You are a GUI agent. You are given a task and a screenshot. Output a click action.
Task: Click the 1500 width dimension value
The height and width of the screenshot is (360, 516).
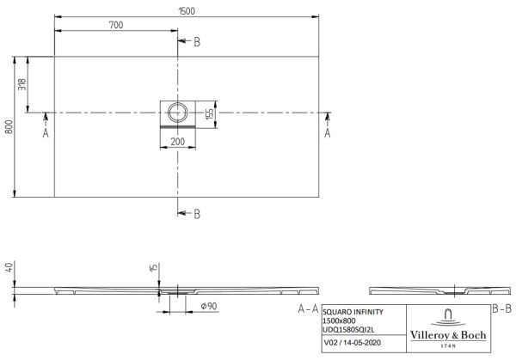click(x=187, y=11)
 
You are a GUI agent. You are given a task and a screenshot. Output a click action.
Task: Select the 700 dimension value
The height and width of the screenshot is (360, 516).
click(x=116, y=25)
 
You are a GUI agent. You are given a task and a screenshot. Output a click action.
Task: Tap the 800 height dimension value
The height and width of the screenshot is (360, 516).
click(x=9, y=127)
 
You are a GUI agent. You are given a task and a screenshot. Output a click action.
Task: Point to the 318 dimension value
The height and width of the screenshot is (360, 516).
click(x=22, y=84)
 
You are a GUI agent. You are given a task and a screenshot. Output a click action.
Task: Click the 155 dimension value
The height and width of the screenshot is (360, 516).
click(x=210, y=114)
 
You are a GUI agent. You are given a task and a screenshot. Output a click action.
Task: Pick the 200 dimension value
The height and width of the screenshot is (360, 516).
click(x=178, y=142)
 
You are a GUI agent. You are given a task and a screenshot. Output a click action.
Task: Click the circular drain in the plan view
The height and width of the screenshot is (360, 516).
click(x=178, y=112)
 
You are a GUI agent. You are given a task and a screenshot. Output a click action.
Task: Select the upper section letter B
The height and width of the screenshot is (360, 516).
click(x=197, y=42)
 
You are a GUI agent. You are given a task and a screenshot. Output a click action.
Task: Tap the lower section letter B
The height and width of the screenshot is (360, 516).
click(x=197, y=214)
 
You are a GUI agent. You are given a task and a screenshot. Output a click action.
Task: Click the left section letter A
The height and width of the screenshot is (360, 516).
click(x=46, y=133)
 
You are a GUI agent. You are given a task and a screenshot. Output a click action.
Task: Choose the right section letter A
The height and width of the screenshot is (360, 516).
click(x=328, y=133)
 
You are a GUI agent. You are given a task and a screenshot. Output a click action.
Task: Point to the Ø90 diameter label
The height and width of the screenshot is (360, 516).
click(x=209, y=307)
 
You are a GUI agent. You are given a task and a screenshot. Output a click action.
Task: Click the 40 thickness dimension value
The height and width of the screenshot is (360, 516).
click(x=9, y=267)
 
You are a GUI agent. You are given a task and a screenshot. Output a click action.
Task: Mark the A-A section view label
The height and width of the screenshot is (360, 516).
click(x=309, y=308)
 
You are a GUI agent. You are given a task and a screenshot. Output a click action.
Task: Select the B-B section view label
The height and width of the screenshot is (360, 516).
click(x=502, y=308)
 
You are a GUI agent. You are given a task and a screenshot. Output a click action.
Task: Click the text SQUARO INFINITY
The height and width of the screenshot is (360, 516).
click(x=353, y=312)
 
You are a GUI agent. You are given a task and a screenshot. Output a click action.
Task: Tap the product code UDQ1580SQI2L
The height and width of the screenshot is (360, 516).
click(x=348, y=330)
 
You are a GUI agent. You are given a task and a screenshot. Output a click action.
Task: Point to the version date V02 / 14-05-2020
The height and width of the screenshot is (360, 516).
click(x=353, y=343)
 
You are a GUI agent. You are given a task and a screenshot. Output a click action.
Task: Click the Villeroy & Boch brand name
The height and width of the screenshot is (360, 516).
click(x=448, y=335)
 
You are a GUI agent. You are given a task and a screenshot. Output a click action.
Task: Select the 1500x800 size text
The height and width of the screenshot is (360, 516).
click(x=339, y=320)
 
